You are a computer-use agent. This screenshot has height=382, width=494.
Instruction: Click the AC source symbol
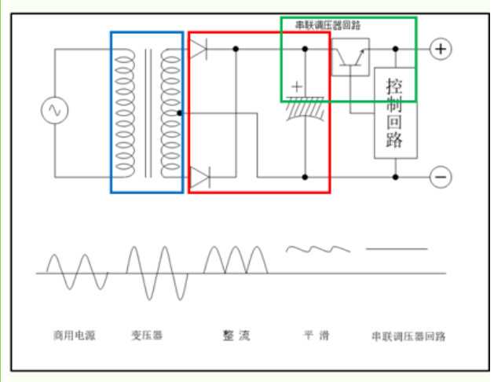point(56,111)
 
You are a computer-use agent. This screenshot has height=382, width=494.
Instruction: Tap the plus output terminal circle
point(441,49)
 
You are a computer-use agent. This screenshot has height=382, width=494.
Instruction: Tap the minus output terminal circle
point(441,177)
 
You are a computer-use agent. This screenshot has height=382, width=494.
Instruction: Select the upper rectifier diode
point(199,50)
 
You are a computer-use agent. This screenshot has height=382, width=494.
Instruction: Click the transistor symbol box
point(349,57)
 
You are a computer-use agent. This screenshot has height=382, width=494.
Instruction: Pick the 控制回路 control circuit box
point(395,113)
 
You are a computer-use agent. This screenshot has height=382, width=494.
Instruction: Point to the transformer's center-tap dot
point(180,113)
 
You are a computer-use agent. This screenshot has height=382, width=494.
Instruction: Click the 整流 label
point(236,336)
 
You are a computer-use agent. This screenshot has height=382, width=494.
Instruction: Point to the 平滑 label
point(317,336)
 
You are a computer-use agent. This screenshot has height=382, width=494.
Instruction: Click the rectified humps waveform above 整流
point(235,259)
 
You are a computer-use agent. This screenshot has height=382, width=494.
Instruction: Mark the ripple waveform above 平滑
point(317,249)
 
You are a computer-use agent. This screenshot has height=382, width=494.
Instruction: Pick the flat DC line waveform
point(397,249)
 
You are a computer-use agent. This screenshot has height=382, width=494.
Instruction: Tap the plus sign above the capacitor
point(296,85)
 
